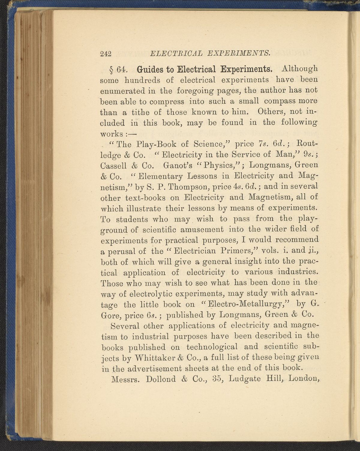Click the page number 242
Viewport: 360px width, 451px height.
pyautogui.click(x=106, y=54)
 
